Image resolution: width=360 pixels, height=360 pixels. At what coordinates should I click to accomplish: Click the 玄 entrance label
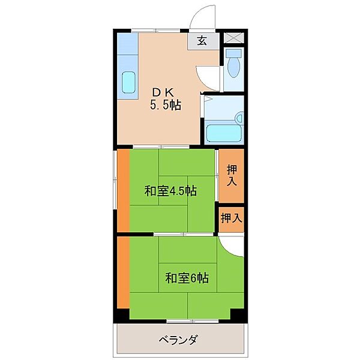coord(202,41)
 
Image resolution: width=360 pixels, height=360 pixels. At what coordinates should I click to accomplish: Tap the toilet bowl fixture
coord(233,67)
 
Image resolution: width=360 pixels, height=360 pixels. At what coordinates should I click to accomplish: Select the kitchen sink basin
coord(128,82)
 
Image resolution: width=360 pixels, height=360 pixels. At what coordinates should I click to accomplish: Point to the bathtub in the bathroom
coord(224,133)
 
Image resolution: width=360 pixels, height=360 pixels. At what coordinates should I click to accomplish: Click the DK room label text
coord(164,93)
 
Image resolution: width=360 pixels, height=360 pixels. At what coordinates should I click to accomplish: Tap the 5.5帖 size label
coord(166,105)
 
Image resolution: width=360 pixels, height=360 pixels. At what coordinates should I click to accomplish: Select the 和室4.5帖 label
coord(170,191)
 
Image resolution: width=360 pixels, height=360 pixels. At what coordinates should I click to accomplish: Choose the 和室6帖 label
coord(187,278)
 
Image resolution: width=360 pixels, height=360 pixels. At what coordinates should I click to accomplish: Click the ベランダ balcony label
coord(179,340)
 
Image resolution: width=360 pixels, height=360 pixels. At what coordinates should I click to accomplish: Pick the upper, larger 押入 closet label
coord(232,175)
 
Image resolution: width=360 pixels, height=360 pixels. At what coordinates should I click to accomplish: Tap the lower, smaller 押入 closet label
coord(232,218)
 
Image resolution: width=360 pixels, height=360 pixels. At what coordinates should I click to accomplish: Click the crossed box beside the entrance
coord(233,38)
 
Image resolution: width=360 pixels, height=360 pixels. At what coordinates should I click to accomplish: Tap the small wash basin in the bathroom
coord(240,118)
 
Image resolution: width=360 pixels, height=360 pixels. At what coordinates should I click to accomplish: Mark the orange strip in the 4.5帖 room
coord(124,191)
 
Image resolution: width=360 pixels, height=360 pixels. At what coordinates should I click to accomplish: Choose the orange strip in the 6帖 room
coord(124,272)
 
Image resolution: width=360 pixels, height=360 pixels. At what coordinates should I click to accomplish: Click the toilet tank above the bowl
coord(233,53)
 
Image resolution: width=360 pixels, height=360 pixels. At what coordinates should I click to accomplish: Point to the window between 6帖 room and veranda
coord(193,321)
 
